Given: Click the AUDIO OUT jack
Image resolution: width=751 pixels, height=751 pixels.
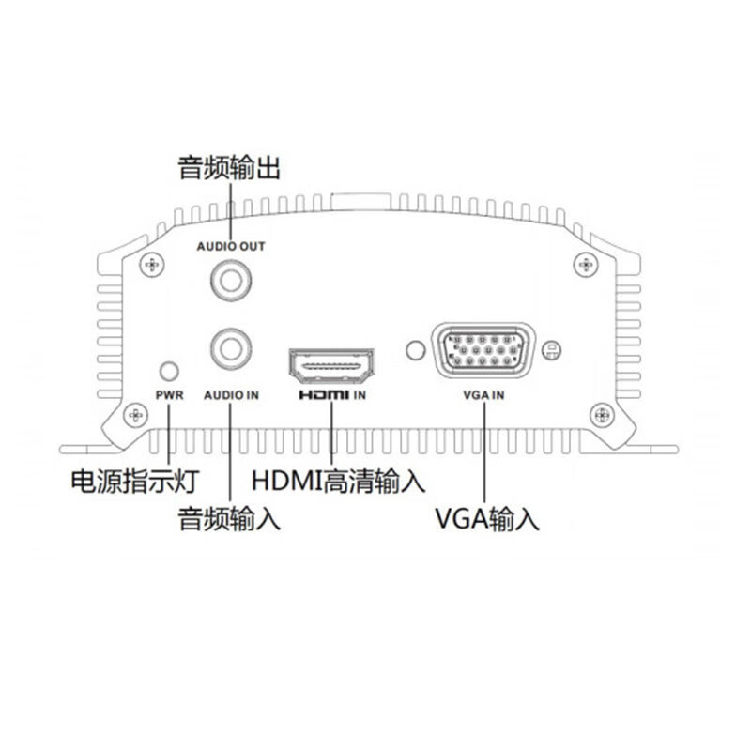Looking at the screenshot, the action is click(x=231, y=281).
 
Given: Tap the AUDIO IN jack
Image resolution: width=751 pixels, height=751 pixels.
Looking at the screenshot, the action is click(x=231, y=348).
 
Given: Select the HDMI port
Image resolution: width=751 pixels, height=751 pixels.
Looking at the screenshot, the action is click(x=331, y=365).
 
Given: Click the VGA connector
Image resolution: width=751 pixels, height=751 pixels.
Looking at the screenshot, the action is click(x=483, y=350).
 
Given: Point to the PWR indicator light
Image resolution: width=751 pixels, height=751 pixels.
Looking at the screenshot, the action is click(x=169, y=371).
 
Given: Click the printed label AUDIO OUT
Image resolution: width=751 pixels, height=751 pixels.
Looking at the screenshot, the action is click(x=231, y=246).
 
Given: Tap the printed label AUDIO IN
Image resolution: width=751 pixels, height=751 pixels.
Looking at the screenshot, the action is click(x=231, y=395).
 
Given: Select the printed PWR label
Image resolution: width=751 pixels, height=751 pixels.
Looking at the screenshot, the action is click(x=170, y=395).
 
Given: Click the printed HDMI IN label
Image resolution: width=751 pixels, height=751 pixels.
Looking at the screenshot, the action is click(x=332, y=395).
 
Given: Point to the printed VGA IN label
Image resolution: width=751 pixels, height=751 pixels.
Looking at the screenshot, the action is click(x=483, y=395).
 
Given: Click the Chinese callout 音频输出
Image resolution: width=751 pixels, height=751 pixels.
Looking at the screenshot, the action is click(x=229, y=168).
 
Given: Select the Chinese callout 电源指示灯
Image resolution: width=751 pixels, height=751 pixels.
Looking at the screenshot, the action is click(x=135, y=481).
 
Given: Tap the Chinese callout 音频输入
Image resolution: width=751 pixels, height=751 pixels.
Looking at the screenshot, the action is click(x=229, y=518).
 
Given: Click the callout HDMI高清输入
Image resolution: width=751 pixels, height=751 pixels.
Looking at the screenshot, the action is click(x=338, y=481).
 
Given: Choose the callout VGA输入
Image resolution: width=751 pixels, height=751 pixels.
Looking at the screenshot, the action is click(x=486, y=518).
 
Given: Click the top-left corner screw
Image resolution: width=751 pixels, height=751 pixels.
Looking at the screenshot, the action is click(x=152, y=265).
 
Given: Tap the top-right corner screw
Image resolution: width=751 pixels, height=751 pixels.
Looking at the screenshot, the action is click(x=586, y=264).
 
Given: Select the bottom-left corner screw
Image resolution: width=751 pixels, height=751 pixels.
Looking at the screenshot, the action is click(x=136, y=415).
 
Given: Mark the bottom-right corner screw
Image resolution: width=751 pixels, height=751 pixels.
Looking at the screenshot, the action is click(x=602, y=415).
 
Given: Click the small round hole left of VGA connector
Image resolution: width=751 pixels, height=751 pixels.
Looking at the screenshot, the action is click(x=415, y=350).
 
